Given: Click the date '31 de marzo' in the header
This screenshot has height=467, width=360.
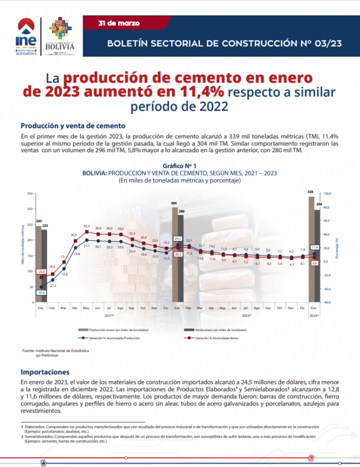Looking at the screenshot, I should coord(115,23).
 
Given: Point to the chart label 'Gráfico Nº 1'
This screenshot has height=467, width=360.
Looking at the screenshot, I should coord(179,165).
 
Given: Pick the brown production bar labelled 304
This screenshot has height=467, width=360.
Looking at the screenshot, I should coord(174,255).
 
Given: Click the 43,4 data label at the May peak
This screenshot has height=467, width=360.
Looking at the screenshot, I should coord(86,226).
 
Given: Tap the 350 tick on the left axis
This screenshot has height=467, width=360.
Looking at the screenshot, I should coord(30,194).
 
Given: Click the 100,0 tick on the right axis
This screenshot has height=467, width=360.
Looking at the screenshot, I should coord(327,194).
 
